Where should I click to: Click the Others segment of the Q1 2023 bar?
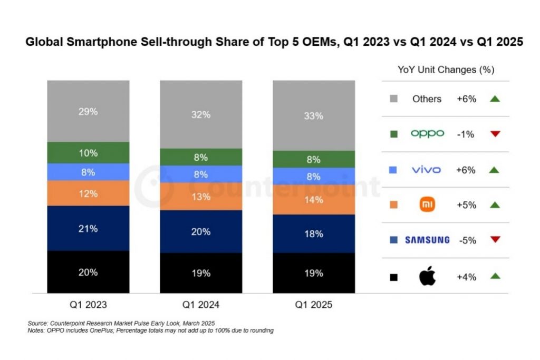point(88,111)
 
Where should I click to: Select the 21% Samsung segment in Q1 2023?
point(88,228)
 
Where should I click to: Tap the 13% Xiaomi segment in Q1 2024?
point(201,197)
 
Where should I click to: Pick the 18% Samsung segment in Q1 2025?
point(314,233)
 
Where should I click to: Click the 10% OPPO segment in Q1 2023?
point(88,153)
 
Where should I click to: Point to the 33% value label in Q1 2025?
point(314,116)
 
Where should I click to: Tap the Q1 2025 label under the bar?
point(314,305)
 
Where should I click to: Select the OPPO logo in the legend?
point(427,134)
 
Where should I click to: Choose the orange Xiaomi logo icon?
point(427,205)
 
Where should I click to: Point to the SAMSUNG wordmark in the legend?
point(427,240)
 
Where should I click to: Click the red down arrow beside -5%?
point(495,240)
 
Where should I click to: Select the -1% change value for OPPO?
point(466,134)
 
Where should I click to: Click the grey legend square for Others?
point(393,99)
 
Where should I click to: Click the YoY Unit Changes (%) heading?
point(445,70)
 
